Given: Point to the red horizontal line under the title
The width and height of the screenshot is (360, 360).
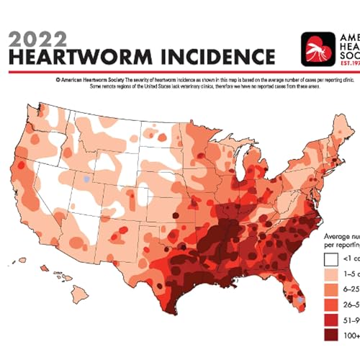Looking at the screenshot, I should coord(180,72).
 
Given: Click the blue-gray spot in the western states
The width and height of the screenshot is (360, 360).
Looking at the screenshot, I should coord(86,177).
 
